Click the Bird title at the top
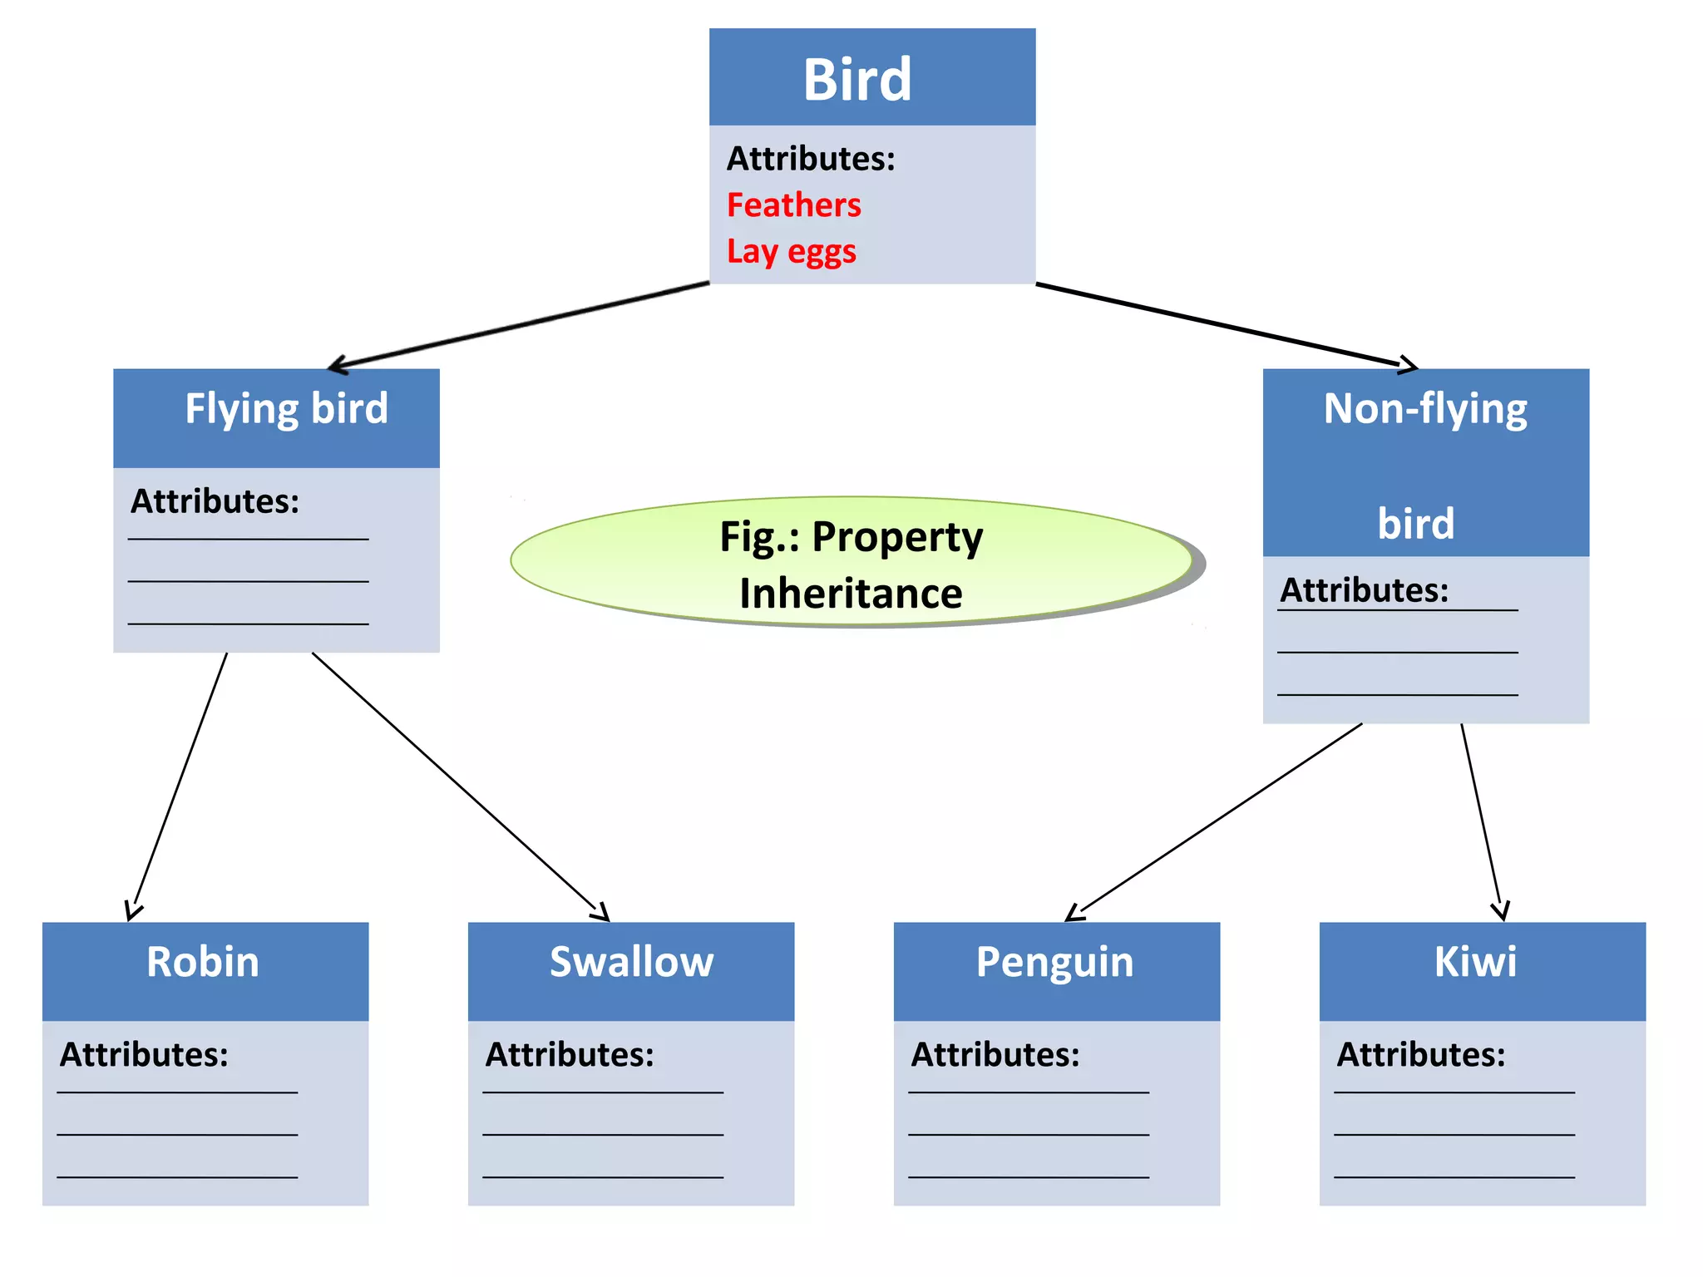857,80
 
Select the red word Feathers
793,205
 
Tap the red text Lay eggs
791,251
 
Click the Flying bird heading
286,409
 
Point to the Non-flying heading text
1424,409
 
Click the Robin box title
203,962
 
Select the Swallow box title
631,962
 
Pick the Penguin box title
1054,963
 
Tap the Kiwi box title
1475,962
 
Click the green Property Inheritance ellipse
851,563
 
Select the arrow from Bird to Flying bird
520,325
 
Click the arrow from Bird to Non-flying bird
1227,325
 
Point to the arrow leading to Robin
180,786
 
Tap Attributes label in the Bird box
811,159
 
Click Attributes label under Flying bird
215,501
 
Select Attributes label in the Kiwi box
1420,1054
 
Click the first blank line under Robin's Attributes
177,1092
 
